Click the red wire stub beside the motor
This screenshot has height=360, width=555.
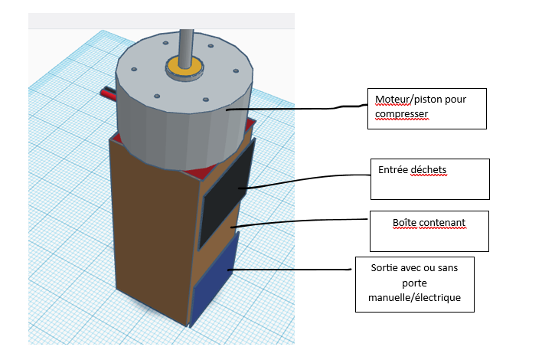coord(108,94)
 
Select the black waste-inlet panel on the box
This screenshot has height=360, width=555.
coord(227,194)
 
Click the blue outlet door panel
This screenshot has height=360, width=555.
coord(214,280)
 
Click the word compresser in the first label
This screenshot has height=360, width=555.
coord(401,114)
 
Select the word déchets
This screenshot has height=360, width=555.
coord(428,170)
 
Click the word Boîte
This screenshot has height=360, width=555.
coord(404,223)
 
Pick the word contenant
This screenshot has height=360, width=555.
coord(442,223)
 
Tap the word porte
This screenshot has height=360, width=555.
coord(414,283)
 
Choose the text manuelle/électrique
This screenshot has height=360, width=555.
coord(414,297)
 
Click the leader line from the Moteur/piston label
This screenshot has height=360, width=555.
coord(297,109)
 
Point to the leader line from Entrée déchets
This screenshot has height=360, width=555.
coord(305,179)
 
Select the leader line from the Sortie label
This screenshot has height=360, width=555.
coord(289,270)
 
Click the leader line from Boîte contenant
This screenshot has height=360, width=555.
coord(299,221)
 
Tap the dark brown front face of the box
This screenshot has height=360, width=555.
coord(152,231)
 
